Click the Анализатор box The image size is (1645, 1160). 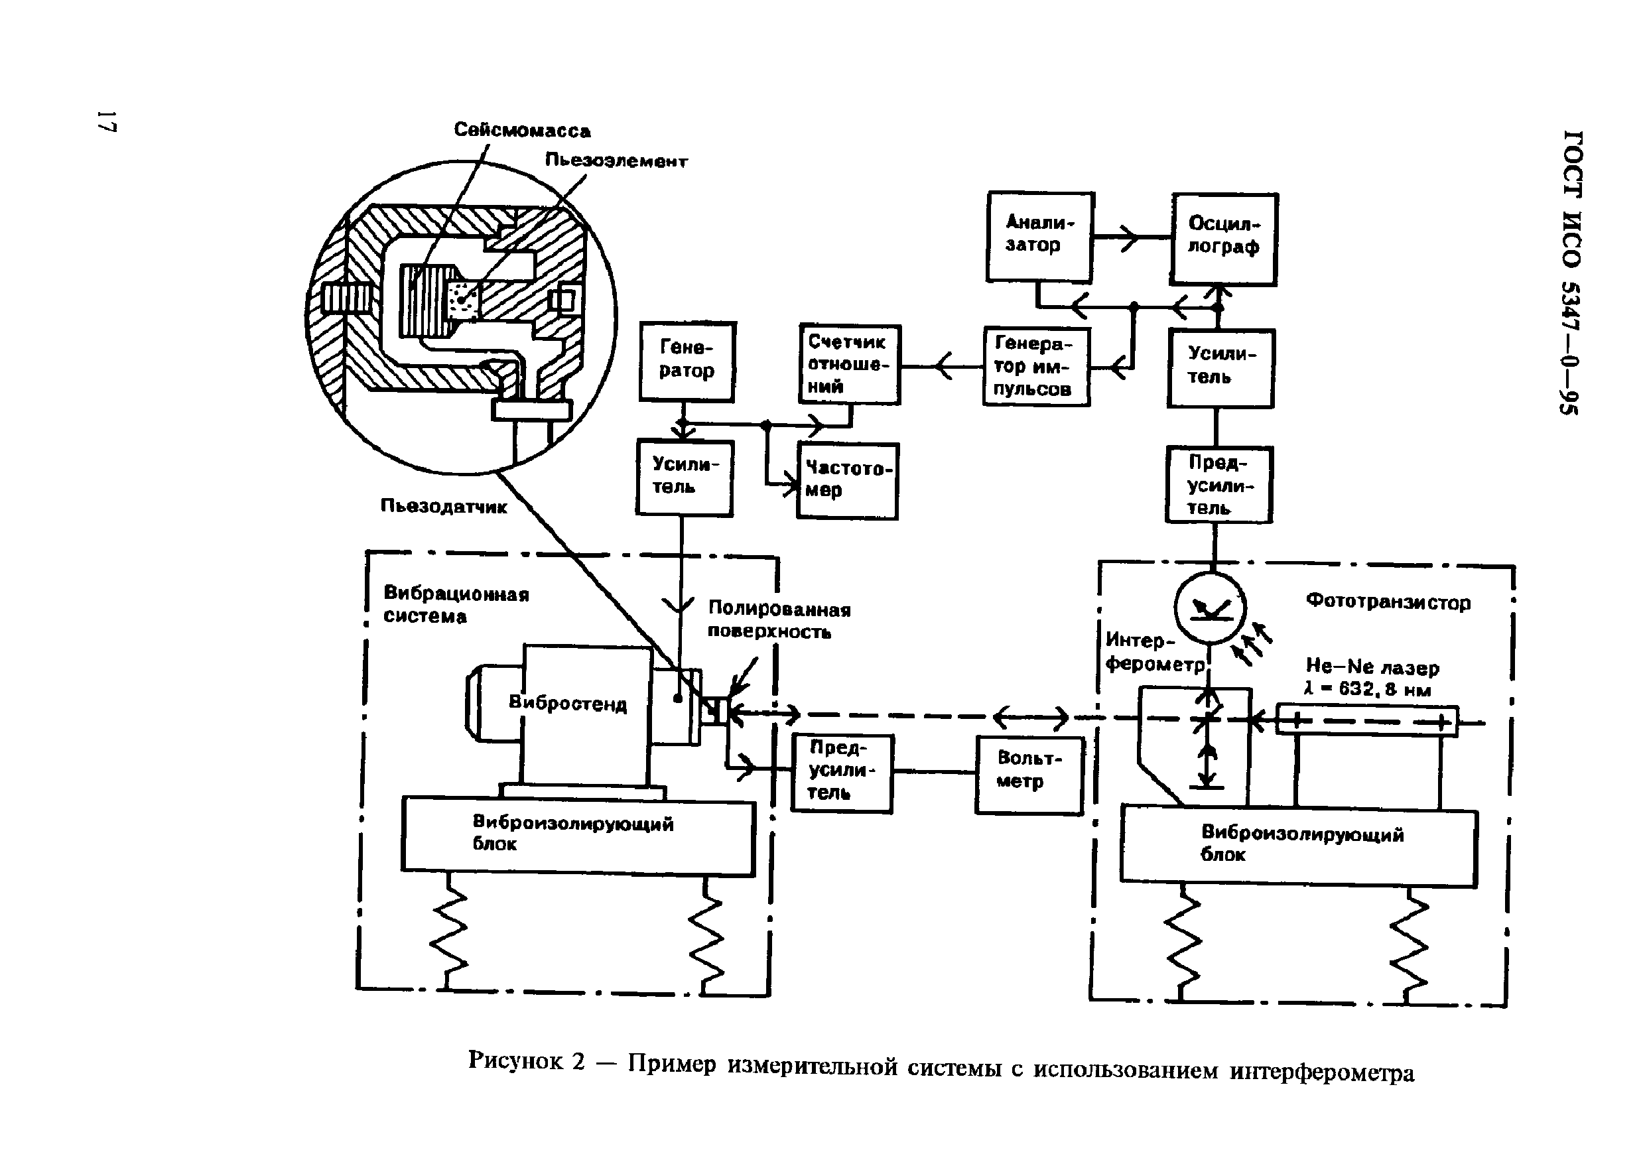[x=1039, y=237]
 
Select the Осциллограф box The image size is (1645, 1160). [x=1224, y=239]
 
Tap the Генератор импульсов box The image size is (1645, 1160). [x=1036, y=367]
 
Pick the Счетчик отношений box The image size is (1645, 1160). [x=850, y=364]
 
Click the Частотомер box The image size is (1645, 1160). [x=848, y=481]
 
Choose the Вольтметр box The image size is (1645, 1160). [x=1029, y=775]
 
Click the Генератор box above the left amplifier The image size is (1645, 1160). [x=687, y=361]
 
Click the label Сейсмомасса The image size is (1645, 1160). [x=522, y=131]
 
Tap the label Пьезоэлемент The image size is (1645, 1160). [x=616, y=161]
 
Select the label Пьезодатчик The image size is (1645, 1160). [x=444, y=507]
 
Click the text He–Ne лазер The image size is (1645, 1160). [x=1372, y=668]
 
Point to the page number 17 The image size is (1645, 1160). [x=107, y=122]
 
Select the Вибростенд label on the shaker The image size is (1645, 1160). [x=567, y=703]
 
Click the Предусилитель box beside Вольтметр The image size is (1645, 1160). [x=841, y=773]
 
